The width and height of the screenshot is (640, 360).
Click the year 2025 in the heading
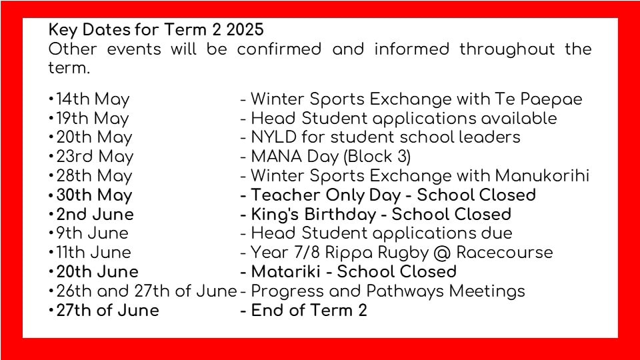click(x=245, y=30)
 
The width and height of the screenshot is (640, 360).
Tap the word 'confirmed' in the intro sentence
click(x=279, y=49)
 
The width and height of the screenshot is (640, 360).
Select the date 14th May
click(x=93, y=99)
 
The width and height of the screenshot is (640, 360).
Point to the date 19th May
click(x=93, y=119)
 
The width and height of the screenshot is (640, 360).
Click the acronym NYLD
click(x=274, y=137)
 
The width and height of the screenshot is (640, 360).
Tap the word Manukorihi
click(x=542, y=175)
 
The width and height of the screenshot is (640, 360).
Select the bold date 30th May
click(x=94, y=195)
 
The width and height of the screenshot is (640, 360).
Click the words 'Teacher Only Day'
click(x=326, y=195)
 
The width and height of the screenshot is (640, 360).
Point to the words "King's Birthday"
click(x=313, y=215)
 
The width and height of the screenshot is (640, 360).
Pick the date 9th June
click(x=92, y=233)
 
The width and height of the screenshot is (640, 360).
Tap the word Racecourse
click(x=505, y=253)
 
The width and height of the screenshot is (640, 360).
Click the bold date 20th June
click(x=97, y=272)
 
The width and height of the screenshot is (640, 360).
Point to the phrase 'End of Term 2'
click(x=309, y=310)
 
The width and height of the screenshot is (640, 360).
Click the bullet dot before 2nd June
click(x=51, y=214)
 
